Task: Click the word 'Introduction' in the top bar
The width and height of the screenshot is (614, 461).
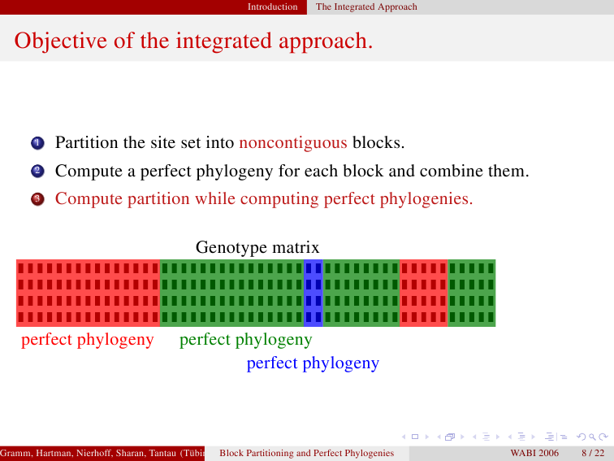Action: tap(272, 7)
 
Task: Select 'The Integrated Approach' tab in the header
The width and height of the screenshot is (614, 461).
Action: tap(366, 7)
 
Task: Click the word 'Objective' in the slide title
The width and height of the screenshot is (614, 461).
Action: tap(61, 41)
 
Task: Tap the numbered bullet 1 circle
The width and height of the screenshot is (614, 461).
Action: tap(37, 143)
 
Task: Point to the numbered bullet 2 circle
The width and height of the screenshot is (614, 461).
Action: tap(37, 171)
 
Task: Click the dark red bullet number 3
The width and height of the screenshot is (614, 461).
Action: tap(37, 199)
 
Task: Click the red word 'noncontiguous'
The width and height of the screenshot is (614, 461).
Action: tap(293, 143)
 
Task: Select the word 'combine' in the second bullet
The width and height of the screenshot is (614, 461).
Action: tap(451, 171)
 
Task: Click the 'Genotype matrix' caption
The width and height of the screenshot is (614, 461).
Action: tap(257, 248)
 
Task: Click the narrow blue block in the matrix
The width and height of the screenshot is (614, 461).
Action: tap(313, 293)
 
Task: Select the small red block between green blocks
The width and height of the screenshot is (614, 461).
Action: tap(424, 293)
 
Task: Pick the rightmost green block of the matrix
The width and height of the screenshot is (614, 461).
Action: tap(472, 293)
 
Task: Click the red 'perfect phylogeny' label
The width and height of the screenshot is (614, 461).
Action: tap(88, 340)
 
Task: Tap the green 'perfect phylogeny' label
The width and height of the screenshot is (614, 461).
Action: tap(245, 340)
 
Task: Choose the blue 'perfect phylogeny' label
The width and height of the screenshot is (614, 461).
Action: tap(313, 363)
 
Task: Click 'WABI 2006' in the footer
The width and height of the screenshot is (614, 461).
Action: tap(534, 453)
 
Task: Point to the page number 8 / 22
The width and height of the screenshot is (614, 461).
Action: tap(593, 453)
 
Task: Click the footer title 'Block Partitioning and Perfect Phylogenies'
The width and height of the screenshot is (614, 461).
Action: tap(307, 453)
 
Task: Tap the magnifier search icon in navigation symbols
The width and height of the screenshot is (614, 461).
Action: tap(592, 437)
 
